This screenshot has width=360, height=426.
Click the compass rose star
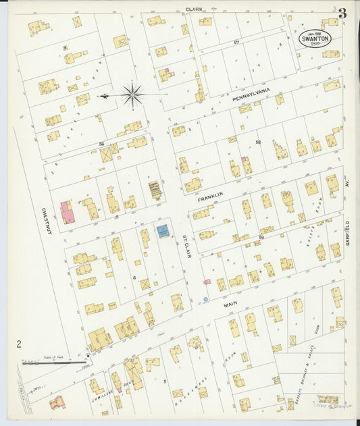(x=132, y=95)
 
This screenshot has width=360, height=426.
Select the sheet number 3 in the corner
(x=342, y=13)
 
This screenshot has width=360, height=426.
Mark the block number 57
(x=236, y=43)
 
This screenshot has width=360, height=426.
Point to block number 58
(x=258, y=142)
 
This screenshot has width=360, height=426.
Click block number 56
(x=101, y=144)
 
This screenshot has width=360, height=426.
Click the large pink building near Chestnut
(x=68, y=212)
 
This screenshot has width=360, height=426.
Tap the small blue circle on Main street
(x=205, y=299)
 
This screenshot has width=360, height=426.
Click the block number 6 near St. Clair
(x=134, y=277)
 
